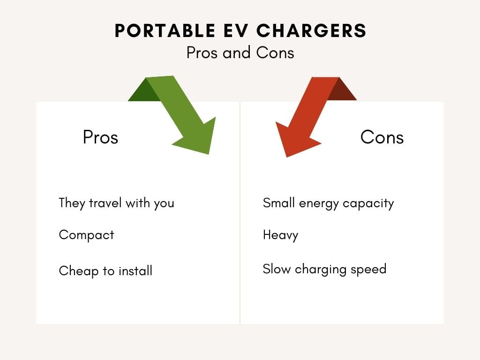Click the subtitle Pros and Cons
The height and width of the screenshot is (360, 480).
click(x=240, y=52)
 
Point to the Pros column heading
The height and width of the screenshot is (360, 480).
click(x=100, y=137)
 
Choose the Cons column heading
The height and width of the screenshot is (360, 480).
click(x=382, y=137)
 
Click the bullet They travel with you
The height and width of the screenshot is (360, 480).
click(x=116, y=203)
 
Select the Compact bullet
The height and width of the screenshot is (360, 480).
click(x=86, y=235)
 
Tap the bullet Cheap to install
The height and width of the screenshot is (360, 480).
click(x=105, y=270)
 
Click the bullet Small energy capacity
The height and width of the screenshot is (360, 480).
click(x=328, y=203)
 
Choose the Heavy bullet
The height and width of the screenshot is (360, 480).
click(x=280, y=235)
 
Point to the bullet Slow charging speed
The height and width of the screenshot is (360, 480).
click(x=324, y=269)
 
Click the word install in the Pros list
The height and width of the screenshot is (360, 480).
click(x=135, y=270)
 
